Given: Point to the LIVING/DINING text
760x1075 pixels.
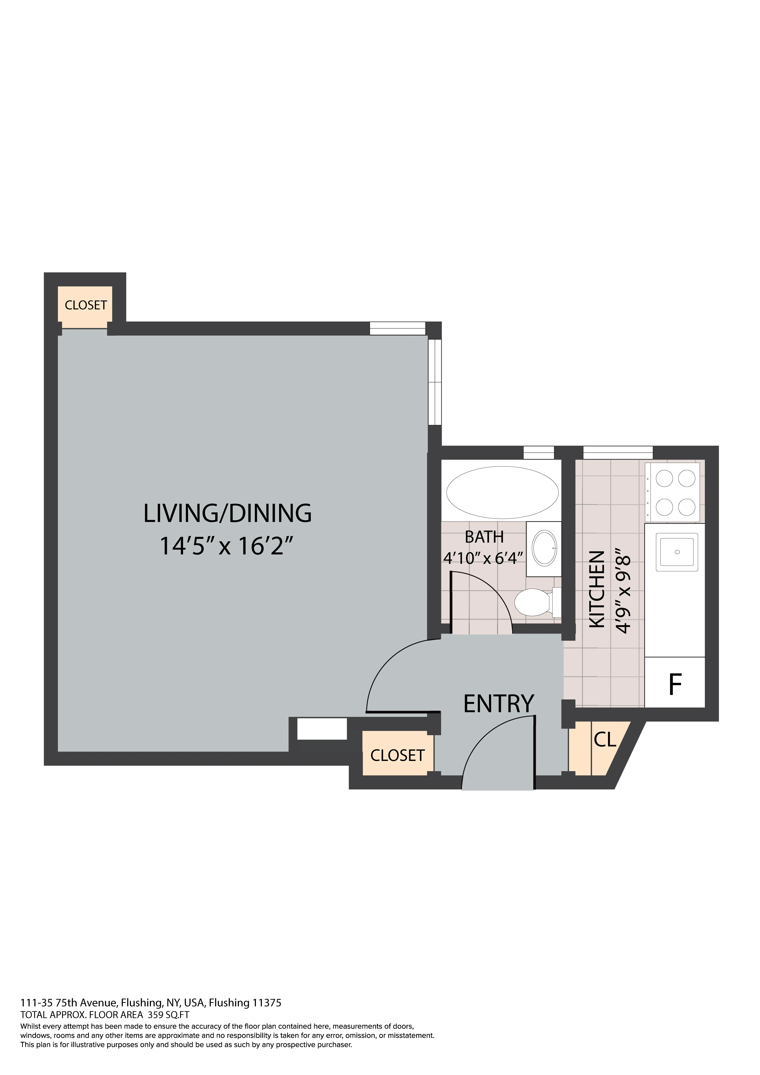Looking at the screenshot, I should [x=227, y=513].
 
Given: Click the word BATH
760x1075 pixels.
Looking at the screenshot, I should [x=484, y=537].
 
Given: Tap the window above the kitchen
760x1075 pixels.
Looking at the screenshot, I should [x=618, y=452].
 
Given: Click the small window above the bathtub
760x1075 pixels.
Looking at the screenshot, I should [x=538, y=452].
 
